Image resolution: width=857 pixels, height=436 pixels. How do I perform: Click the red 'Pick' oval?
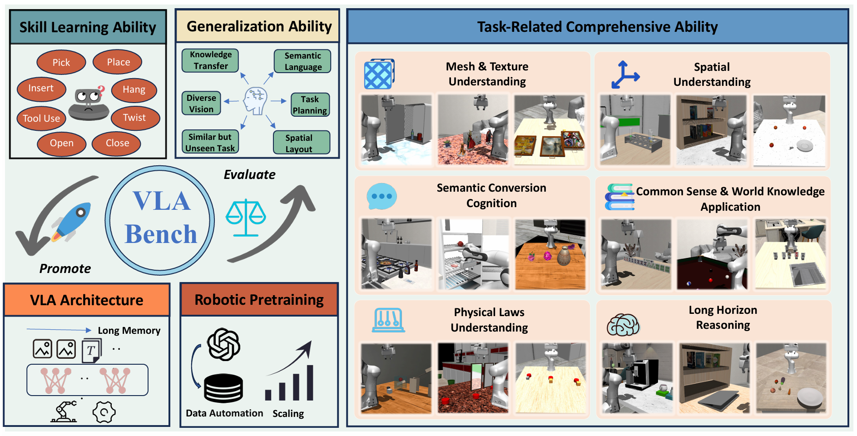point(61,63)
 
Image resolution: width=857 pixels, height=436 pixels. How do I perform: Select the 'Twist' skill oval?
point(135,118)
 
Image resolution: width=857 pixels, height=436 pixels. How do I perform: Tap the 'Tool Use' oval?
point(41,119)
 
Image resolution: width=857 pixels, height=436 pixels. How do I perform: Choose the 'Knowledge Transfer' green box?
point(210,60)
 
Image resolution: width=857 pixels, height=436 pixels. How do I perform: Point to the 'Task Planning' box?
point(310,105)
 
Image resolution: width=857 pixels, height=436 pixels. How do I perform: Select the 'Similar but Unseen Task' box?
point(210,143)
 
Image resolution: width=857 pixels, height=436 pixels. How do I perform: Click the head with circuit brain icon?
point(255,101)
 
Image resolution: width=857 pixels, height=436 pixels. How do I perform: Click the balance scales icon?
point(246,218)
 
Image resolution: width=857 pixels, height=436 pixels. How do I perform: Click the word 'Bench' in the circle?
point(161,234)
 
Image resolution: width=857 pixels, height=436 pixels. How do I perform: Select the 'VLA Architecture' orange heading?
point(87,300)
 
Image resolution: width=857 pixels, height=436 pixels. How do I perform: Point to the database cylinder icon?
point(223,388)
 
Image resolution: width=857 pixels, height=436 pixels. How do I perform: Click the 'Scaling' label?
point(288,414)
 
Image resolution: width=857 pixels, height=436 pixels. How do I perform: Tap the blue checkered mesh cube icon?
point(379,74)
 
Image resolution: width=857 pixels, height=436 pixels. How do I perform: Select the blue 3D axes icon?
point(624,75)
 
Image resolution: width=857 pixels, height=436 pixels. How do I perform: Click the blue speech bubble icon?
point(381,197)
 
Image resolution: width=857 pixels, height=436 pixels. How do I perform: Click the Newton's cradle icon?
point(388,320)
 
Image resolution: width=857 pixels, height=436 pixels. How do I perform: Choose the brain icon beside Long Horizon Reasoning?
point(623,325)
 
